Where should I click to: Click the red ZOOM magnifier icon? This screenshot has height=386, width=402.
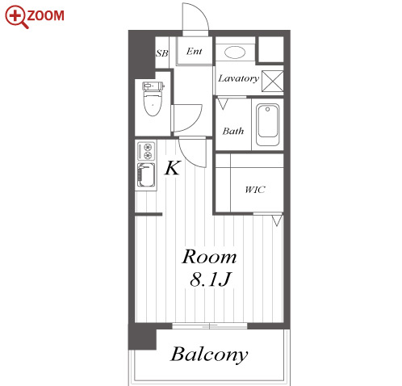17,16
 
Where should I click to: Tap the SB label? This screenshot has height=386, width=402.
162,53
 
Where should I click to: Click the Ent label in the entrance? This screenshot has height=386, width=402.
194,51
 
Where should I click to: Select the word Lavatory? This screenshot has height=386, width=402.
238,78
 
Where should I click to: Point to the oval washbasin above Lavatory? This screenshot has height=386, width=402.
235,52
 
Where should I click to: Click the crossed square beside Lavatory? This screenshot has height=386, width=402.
273,81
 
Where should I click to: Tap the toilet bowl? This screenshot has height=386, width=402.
153,104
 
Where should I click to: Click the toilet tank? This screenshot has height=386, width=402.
153,86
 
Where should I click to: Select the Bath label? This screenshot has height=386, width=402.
233,132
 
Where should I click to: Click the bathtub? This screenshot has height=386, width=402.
267,125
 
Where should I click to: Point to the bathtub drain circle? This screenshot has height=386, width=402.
267,109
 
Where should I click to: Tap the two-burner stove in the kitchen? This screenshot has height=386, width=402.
146,151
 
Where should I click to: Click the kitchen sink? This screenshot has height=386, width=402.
146,175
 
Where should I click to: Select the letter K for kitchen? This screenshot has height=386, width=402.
172,168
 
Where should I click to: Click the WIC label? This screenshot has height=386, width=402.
255,190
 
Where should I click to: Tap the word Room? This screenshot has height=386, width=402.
209,257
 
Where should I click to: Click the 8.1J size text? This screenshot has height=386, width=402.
210,279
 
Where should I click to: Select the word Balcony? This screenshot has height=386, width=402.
209,355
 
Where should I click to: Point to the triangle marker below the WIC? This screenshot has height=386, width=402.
277,220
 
